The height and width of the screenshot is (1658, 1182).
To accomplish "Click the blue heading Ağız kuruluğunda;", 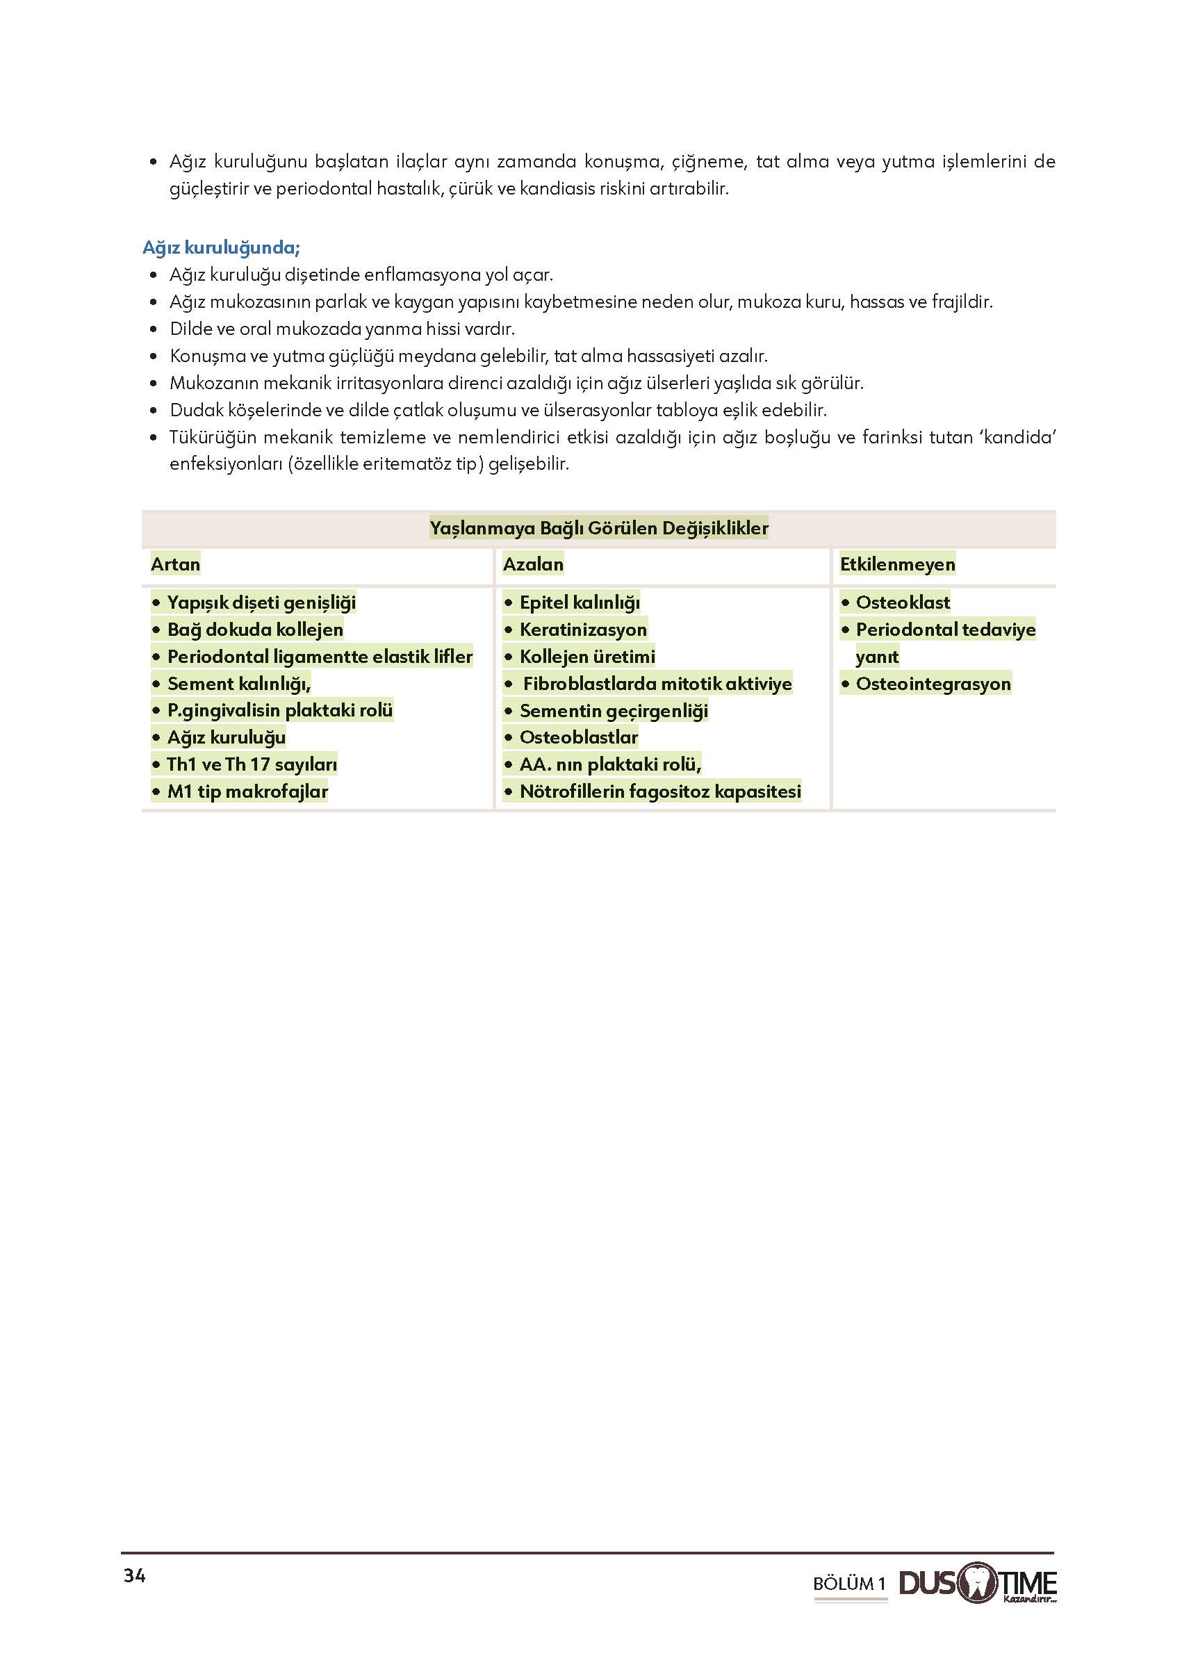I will click(221, 247).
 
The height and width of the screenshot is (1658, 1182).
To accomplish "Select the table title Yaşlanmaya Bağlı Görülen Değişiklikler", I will click(598, 527).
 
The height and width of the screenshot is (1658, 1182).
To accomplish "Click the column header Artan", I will click(175, 564).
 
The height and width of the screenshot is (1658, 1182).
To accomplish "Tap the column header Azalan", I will click(533, 564).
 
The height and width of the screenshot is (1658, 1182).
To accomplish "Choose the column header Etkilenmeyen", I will click(896, 564).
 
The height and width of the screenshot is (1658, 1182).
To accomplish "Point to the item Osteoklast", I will click(903, 602).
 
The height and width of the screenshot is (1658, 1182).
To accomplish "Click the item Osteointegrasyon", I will click(933, 684).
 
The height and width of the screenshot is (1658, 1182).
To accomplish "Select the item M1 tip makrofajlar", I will click(247, 792).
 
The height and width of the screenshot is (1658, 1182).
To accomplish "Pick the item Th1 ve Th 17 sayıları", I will click(252, 765).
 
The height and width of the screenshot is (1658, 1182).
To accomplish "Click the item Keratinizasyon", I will click(583, 630).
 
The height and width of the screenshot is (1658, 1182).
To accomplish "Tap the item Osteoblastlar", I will click(579, 737).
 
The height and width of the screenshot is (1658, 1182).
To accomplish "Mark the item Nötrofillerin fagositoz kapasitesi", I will click(660, 792).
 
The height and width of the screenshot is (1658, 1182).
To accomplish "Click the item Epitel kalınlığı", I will click(580, 602).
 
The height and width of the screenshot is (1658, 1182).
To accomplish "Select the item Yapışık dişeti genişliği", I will click(261, 602).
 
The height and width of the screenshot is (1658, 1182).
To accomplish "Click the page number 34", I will click(135, 1576).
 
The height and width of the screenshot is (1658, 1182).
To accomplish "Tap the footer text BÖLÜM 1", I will click(848, 1584).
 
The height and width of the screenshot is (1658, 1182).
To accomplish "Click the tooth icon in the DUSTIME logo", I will click(978, 1582).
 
